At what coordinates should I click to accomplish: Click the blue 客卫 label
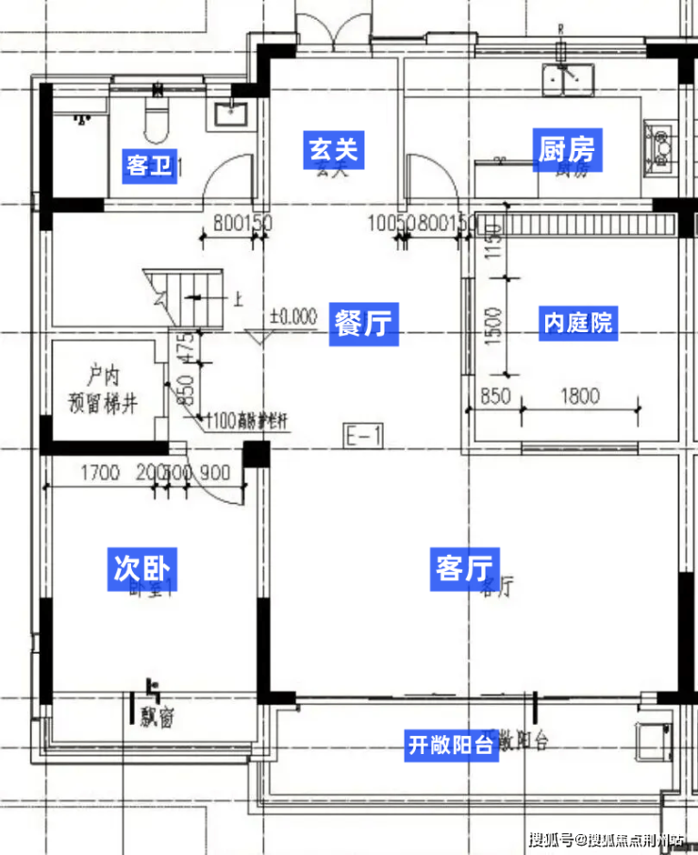[x=150, y=166]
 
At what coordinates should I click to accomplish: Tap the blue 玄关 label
[x=334, y=149]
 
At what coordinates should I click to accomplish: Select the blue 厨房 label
[x=568, y=148]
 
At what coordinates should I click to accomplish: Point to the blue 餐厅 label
[x=363, y=324]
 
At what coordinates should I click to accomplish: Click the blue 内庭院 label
[x=576, y=323]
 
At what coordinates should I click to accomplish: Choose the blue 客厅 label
[x=463, y=569]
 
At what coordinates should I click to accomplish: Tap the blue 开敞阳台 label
[x=451, y=745]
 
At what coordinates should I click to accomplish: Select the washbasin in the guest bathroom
[x=232, y=114]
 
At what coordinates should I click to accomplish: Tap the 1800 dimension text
[x=578, y=396]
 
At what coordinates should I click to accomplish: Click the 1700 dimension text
[x=100, y=473]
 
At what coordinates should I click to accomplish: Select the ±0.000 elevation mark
[x=292, y=316]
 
